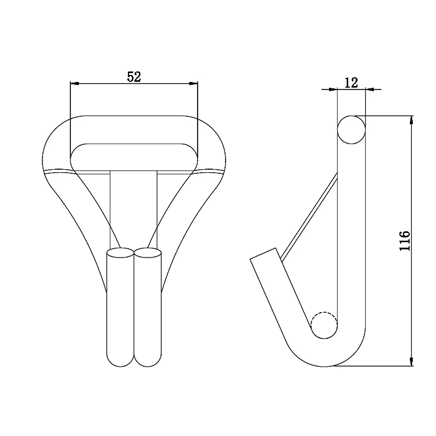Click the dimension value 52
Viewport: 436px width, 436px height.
pos(134,77)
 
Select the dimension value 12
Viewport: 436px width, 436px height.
pos(351,83)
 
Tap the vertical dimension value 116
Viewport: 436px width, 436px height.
pos(405,241)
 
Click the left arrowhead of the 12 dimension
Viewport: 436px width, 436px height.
pos(333,90)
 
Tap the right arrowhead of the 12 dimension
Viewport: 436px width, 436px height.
pos(369,90)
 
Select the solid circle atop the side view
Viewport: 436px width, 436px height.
pos(352,129)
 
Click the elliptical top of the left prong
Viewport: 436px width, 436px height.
pos(120,253)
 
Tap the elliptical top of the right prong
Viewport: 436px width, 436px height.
pos(148,253)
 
